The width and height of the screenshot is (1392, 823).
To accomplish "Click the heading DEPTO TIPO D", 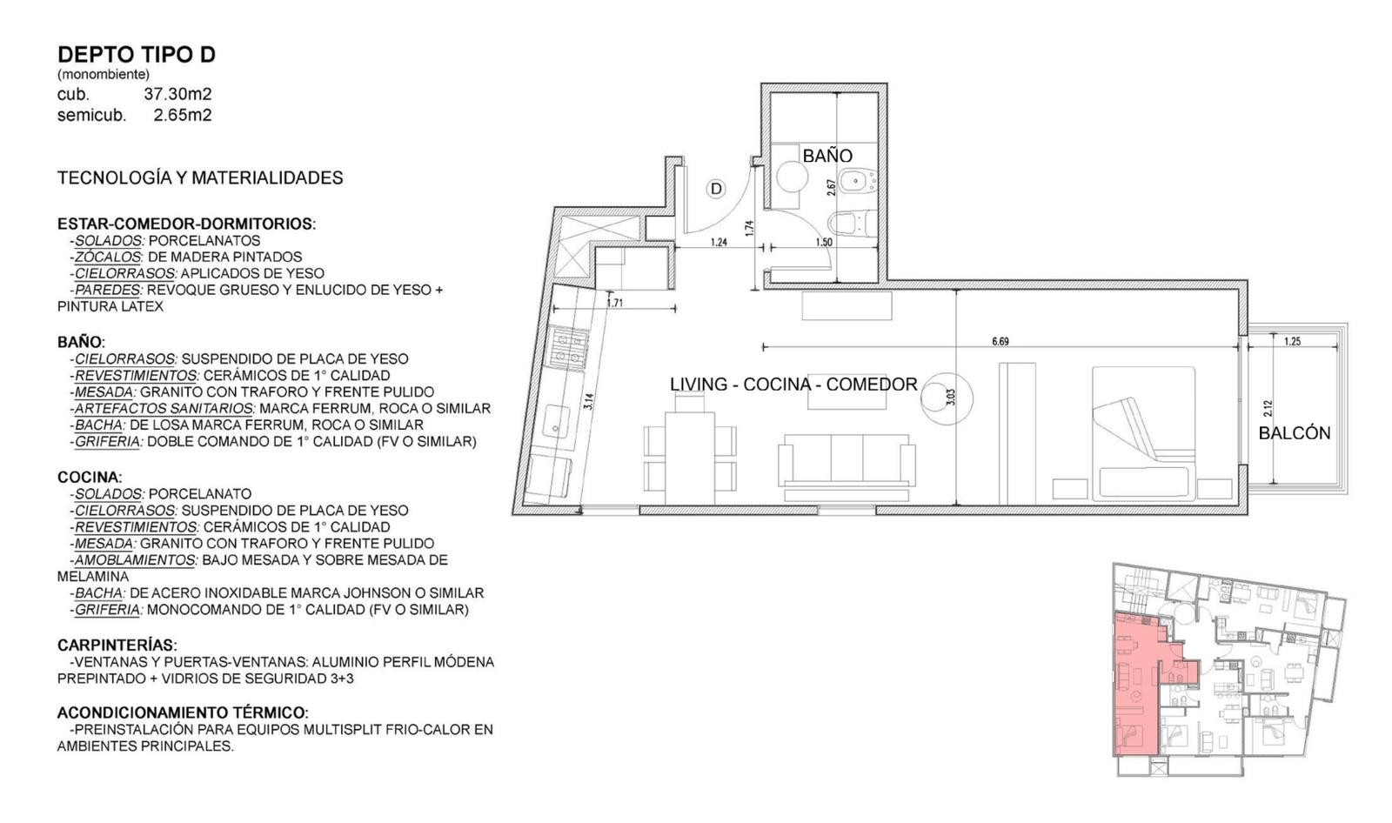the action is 136,55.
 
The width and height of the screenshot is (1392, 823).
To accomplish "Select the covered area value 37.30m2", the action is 177,95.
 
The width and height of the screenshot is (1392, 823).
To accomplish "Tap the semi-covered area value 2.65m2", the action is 183,115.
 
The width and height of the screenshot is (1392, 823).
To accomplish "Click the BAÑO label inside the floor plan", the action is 827,156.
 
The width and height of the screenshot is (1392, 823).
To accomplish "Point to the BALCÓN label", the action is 1295,433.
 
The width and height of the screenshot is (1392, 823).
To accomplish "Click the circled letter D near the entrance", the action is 716,189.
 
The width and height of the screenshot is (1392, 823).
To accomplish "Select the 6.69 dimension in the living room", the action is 1000,341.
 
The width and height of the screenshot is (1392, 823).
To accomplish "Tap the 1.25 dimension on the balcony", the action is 1293,341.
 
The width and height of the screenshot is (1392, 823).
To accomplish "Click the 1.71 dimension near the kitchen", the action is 614,304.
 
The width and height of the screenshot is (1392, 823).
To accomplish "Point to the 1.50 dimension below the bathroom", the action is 824,243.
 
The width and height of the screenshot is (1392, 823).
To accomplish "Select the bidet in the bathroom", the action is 857,182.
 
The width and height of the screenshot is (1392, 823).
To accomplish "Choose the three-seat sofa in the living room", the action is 847,467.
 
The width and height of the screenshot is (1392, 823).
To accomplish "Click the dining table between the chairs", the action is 690,458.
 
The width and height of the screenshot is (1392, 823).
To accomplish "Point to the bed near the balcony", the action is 1143,432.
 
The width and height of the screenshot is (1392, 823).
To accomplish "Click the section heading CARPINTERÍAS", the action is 117,646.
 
